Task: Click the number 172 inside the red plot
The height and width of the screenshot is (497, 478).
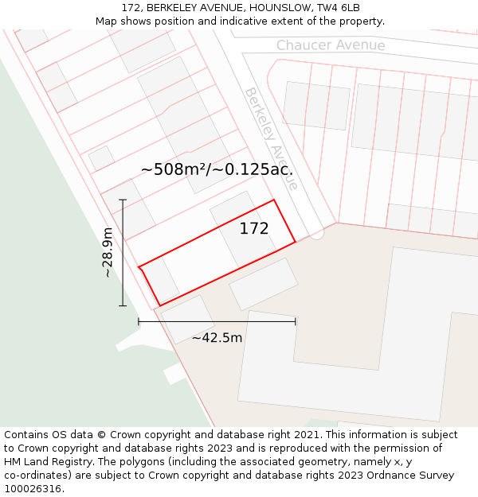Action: click(x=254, y=229)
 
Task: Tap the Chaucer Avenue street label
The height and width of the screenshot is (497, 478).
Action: click(x=331, y=45)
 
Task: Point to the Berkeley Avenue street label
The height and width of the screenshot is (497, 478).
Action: click(x=271, y=138)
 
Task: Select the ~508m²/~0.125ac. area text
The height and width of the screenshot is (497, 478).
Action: click(x=217, y=169)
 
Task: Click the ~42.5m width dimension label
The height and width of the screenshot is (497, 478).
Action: click(x=217, y=338)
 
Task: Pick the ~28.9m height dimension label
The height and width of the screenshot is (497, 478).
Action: click(x=108, y=252)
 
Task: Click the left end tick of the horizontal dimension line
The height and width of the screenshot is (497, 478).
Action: click(x=139, y=321)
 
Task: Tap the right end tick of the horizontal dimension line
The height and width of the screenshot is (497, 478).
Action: click(x=296, y=321)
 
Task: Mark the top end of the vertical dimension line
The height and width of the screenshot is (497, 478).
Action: click(x=123, y=200)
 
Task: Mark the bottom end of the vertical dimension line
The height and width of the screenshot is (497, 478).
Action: click(x=123, y=306)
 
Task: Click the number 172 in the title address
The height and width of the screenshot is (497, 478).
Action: click(x=131, y=8)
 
